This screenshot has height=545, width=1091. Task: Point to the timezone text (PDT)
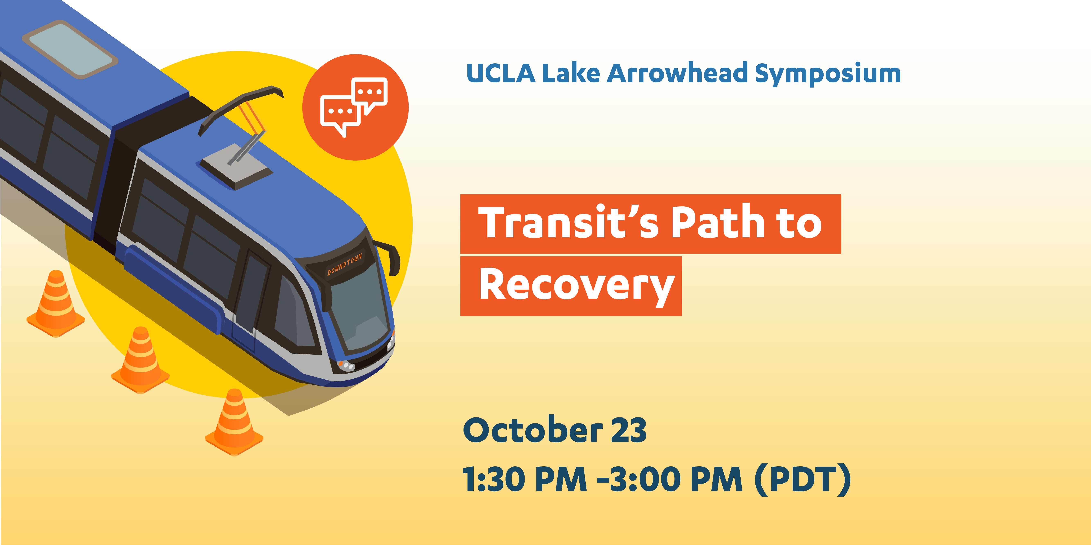click(803, 479)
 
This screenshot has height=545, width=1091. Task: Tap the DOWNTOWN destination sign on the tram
click(344, 264)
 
